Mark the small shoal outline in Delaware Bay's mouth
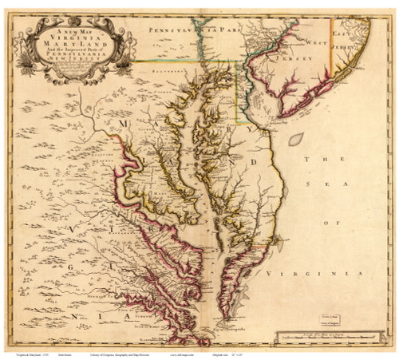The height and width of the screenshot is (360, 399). point(295,139)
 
